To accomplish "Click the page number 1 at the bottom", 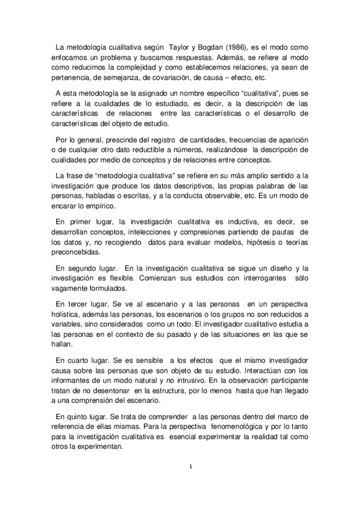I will coord(190,466).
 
